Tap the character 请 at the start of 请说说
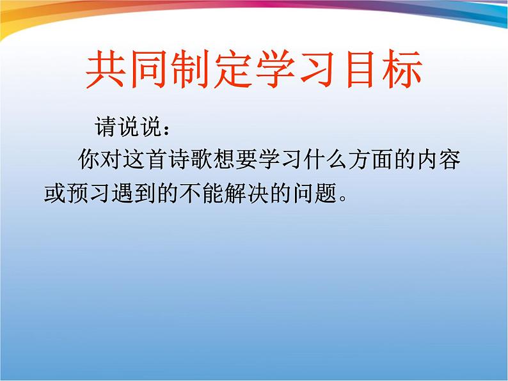click(106, 127)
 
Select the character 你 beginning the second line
click(88, 160)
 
